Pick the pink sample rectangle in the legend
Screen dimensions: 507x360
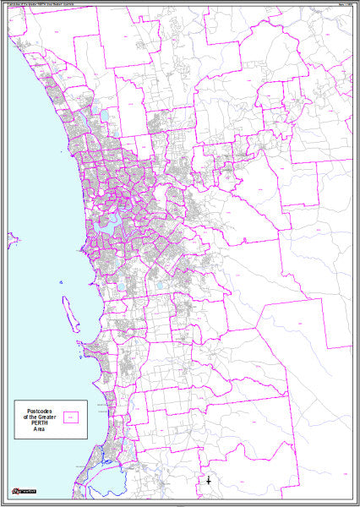tap(72, 416)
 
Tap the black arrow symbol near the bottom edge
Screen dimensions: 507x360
tap(209, 481)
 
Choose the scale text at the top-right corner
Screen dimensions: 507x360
tap(344, 5)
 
